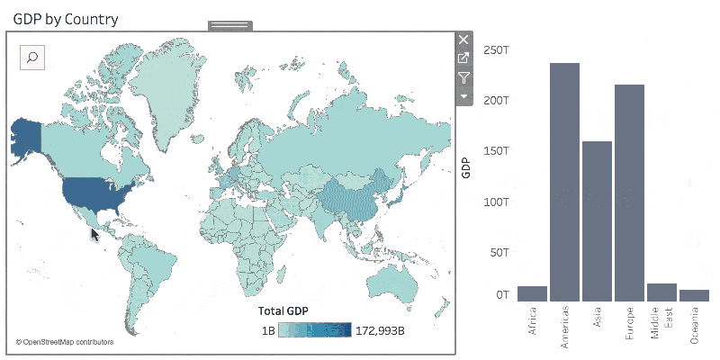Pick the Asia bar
[597, 220]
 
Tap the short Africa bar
[532, 293]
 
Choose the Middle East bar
[661, 292]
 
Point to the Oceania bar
[694, 294]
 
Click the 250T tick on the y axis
[497, 49]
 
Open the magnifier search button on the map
[32, 58]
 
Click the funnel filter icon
[463, 77]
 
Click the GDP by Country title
[65, 18]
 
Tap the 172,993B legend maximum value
[381, 330]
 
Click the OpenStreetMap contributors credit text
[65, 342]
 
